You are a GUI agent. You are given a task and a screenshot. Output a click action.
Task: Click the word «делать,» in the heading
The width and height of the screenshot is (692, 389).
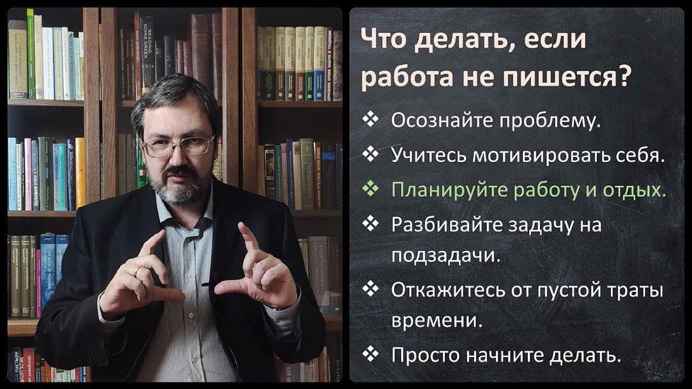click(x=463, y=41)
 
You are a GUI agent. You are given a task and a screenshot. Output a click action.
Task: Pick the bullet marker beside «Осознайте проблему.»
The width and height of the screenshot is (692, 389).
click(x=371, y=120)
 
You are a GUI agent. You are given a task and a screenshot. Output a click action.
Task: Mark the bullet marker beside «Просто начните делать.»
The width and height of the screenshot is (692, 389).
click(x=371, y=354)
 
